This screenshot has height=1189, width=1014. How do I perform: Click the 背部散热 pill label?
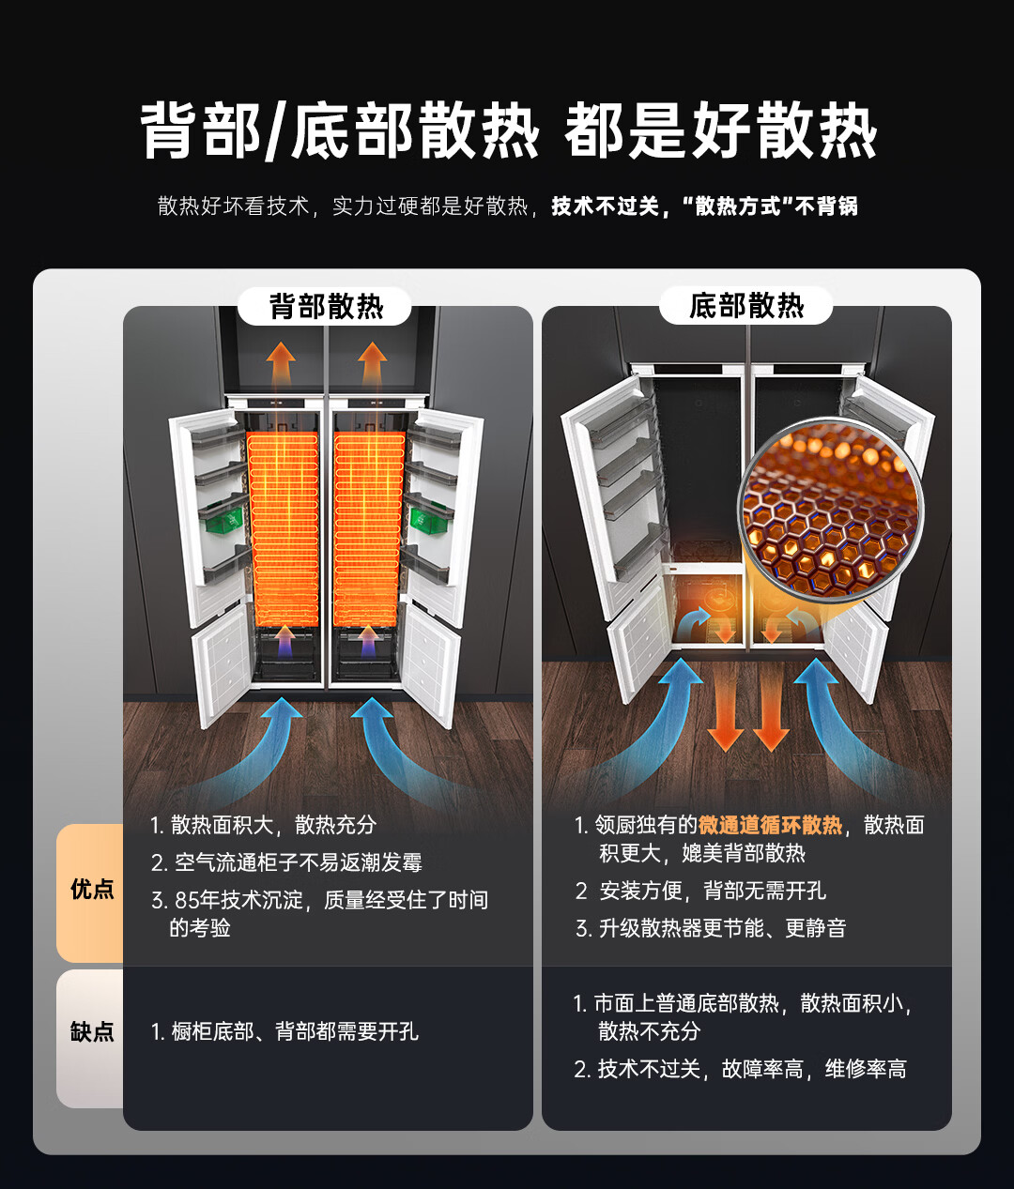[x=325, y=306]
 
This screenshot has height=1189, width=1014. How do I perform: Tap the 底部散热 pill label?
[x=745, y=305]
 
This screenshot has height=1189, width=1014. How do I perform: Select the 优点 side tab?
[x=90, y=890]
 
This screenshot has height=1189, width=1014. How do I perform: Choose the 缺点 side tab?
[x=90, y=1030]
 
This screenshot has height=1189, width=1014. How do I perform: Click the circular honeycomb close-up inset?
[x=830, y=510]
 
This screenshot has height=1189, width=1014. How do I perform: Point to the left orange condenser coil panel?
[x=284, y=528]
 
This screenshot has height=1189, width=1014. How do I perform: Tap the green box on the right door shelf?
[x=427, y=520]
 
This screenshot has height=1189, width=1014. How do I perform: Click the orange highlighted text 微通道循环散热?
[x=770, y=825]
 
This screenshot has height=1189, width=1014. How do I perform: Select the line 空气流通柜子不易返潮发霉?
[x=299, y=862]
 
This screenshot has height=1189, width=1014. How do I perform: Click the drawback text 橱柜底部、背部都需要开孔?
[x=295, y=1031]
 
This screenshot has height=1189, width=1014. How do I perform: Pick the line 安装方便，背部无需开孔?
[x=713, y=891]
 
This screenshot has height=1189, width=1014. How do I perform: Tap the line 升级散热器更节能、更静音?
[x=722, y=928]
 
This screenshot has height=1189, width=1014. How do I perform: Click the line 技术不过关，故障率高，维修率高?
[x=752, y=1069]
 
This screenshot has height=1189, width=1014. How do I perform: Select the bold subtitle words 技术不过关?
[x=605, y=206]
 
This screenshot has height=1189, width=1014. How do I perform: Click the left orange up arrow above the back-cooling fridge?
[x=281, y=368]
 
